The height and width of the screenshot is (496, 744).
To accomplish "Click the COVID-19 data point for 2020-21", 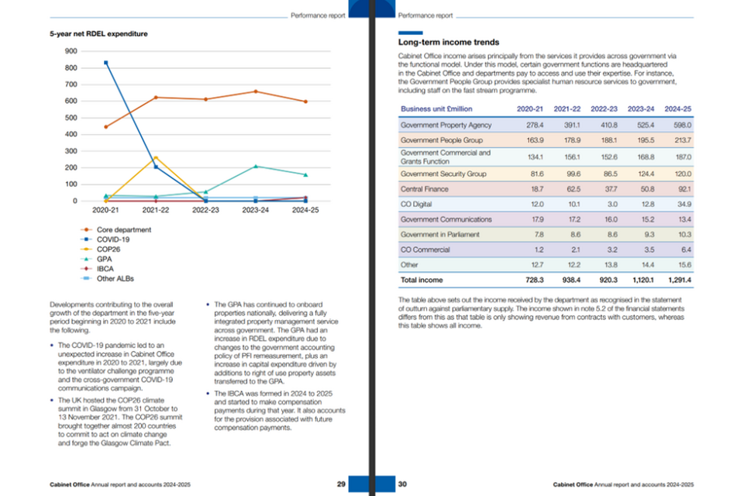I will (106, 63).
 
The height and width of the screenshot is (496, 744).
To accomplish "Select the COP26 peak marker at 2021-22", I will (156, 158).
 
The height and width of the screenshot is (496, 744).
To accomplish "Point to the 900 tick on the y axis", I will (71, 51).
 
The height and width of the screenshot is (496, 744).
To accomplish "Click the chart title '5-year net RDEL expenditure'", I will (98, 34).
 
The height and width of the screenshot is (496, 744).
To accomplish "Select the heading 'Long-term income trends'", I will (449, 42).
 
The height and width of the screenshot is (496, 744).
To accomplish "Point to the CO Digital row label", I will (417, 203).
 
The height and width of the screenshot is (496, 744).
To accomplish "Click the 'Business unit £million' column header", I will (436, 108).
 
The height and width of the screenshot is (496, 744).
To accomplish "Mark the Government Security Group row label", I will (443, 174).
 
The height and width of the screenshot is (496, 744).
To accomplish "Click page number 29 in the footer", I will (342, 484).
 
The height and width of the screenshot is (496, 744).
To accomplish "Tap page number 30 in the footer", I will (402, 484).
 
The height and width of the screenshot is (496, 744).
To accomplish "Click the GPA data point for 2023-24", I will (255, 167).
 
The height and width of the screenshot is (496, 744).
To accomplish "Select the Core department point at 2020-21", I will (106, 127).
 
